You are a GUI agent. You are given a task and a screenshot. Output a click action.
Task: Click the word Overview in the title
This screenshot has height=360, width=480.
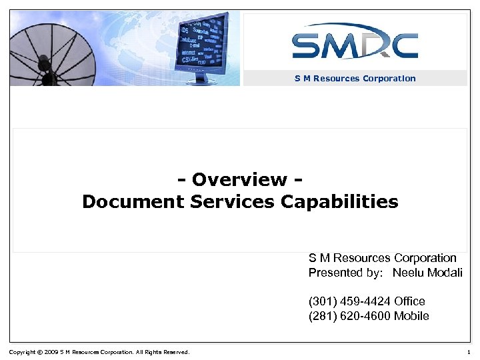[x=239, y=180]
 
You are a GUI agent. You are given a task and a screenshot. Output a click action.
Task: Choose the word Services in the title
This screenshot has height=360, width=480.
[x=232, y=201]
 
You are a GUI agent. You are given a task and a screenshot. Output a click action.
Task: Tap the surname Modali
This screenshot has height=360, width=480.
[x=444, y=273]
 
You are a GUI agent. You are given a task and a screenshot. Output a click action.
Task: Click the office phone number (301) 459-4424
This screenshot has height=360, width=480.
[x=349, y=301]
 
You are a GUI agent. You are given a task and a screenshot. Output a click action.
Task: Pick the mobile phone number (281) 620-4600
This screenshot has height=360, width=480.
[x=349, y=316]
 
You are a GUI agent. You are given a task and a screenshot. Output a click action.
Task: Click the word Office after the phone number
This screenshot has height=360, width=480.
[x=409, y=301]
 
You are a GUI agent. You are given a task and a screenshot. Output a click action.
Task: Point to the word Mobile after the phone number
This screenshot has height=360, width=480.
[x=411, y=316]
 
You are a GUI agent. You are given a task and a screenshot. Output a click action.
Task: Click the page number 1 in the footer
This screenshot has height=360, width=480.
[x=469, y=352]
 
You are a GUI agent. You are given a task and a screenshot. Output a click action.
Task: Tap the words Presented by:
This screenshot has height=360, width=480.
[x=345, y=273]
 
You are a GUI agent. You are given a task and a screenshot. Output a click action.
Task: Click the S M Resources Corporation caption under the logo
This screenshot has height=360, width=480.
[x=355, y=79]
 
